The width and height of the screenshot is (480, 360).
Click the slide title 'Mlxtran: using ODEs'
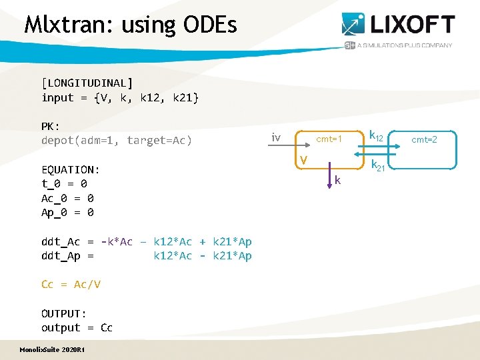coord(130,25)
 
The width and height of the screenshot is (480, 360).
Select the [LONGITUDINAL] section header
coord(87,83)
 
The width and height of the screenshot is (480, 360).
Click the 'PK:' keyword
coord(51,126)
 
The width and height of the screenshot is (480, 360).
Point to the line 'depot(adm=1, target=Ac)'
coord(117,140)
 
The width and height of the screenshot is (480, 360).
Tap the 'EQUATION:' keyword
coord(70,169)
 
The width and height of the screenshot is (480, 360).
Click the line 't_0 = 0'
coord(64,184)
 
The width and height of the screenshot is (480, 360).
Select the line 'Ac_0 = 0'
coord(67,199)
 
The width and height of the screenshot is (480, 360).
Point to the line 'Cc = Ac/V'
coord(71,285)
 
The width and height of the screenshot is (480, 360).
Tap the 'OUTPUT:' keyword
coord(64,313)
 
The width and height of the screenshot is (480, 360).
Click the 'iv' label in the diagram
coord(275,138)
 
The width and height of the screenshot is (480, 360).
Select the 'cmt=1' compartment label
coord(329,139)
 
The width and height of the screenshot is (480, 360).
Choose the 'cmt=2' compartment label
coord(424,139)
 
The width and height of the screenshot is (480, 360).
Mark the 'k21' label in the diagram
coord(378,166)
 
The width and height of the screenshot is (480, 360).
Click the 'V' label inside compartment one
coord(303,160)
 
